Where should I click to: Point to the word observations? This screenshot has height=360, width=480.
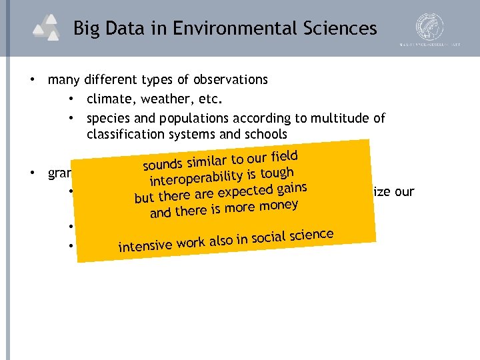(x=230, y=80)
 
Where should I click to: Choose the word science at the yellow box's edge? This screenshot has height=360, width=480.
(x=310, y=234)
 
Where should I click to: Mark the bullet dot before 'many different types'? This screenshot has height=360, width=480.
(x=32, y=80)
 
